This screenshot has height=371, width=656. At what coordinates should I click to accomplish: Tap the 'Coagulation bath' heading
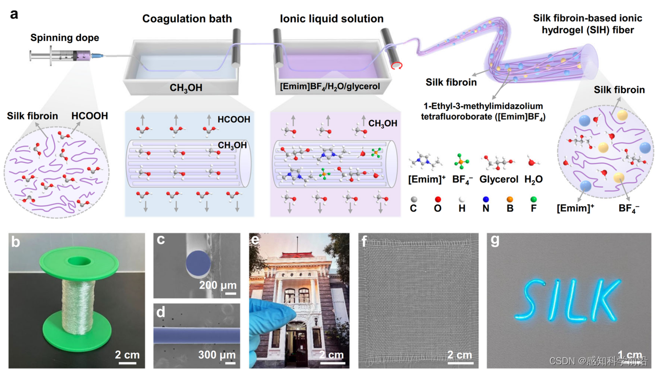[187, 19]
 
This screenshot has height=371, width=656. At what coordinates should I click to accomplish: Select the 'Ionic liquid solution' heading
[332, 19]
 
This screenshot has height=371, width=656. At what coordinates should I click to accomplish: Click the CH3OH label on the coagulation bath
[186, 88]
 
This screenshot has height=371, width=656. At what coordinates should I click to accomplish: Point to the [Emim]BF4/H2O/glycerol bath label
[330, 87]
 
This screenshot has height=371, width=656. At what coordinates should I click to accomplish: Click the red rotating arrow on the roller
[396, 65]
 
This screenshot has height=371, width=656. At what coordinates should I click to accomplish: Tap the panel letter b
[16, 242]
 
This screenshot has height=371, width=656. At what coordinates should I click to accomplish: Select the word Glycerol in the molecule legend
[497, 180]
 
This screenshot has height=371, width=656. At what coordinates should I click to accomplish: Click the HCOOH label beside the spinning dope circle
[90, 116]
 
